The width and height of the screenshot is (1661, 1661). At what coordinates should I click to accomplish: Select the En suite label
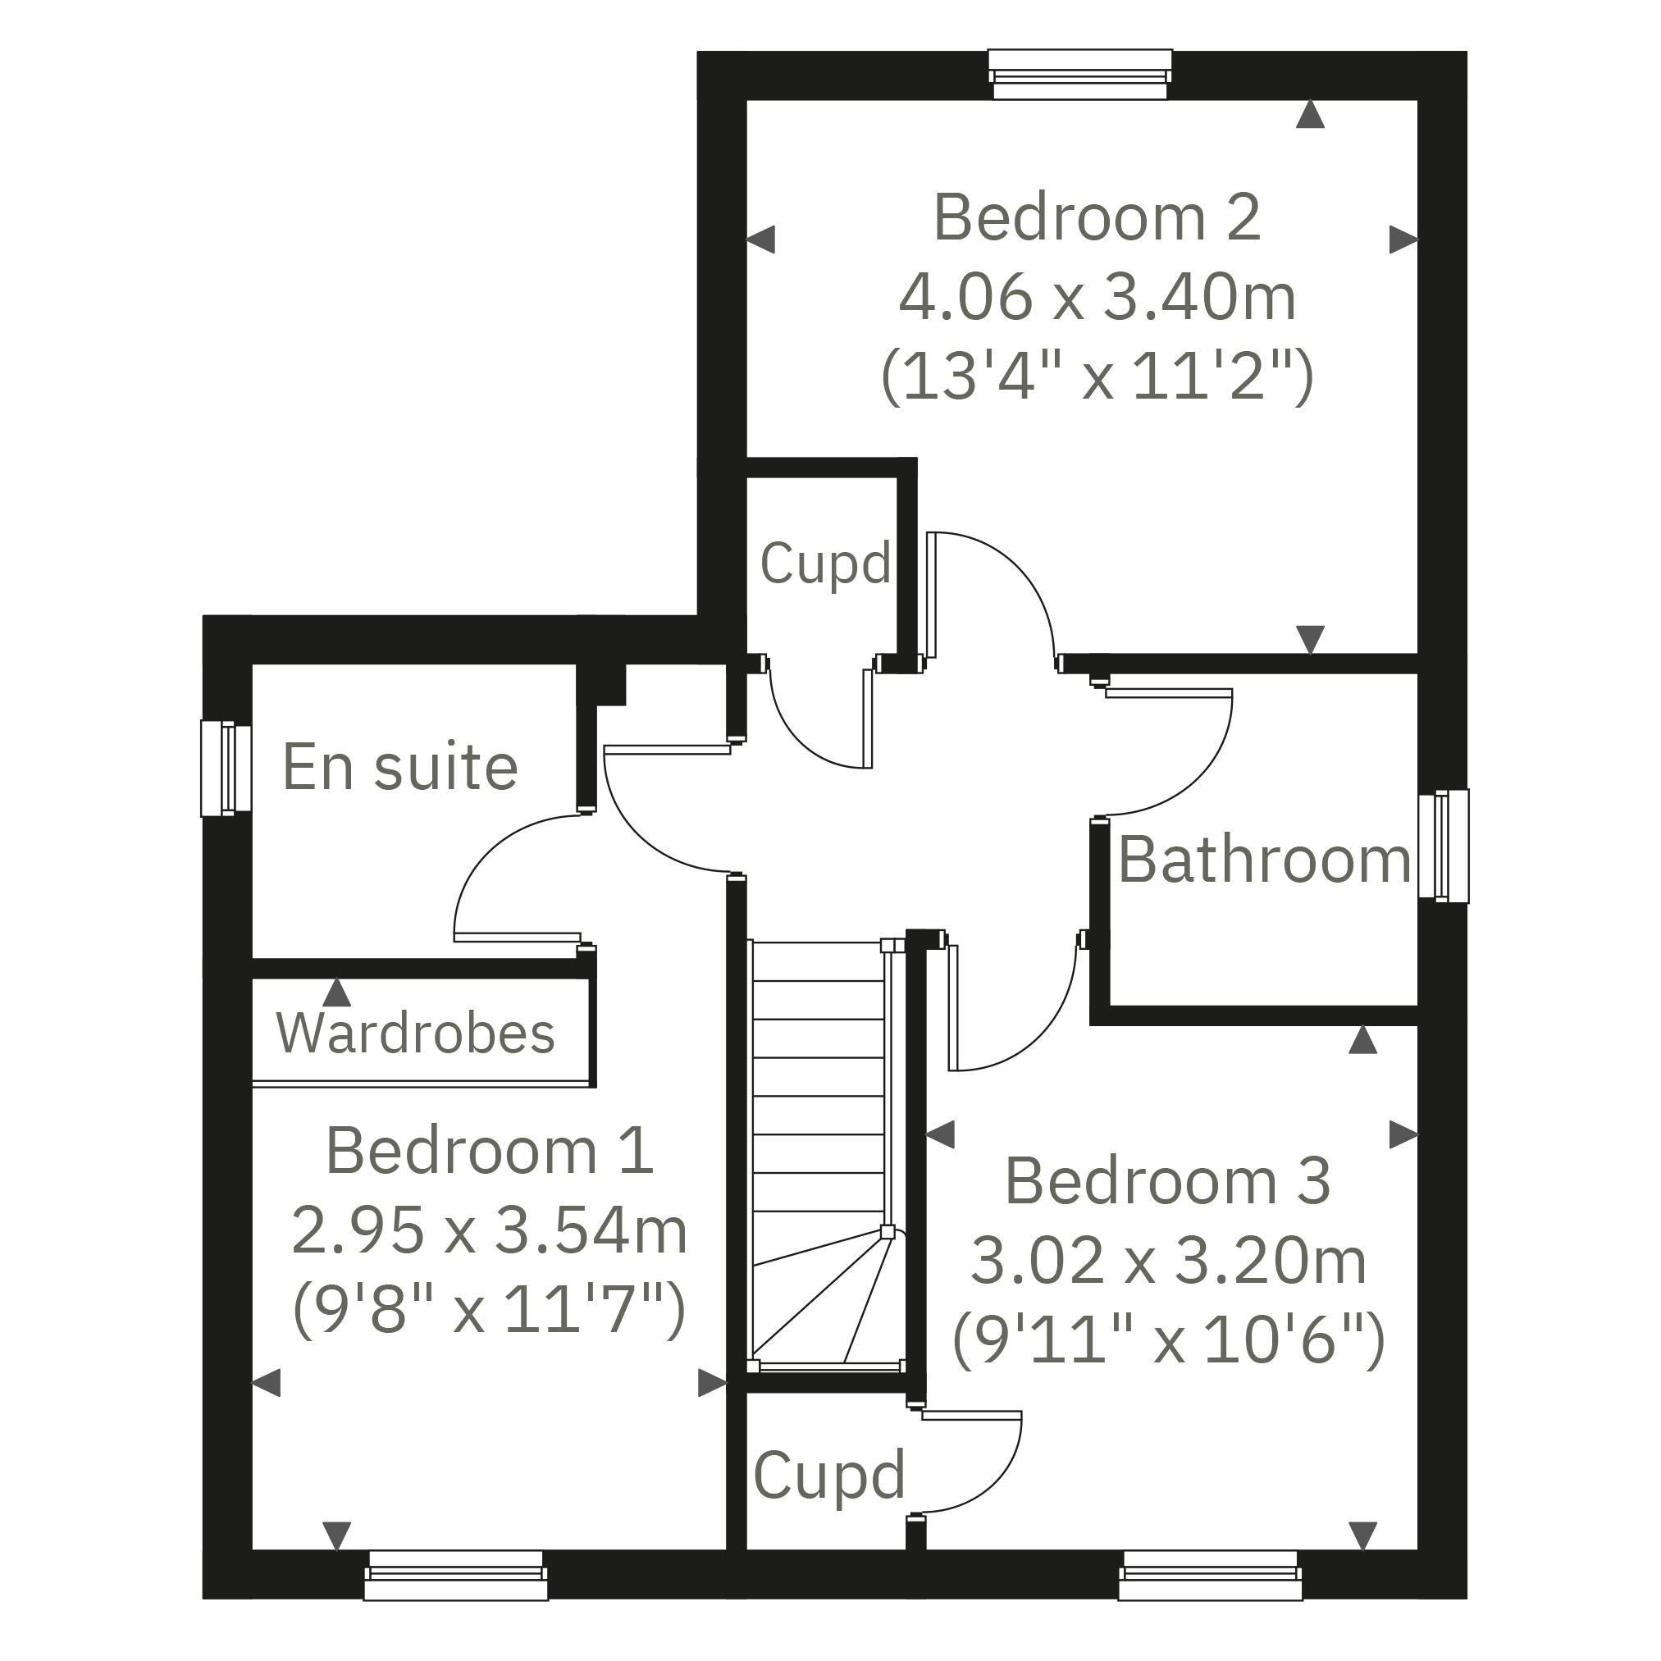pos(399,767)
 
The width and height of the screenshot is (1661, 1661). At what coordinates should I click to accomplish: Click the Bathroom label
pos(1264,860)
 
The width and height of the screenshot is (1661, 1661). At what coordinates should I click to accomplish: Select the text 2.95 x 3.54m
pos(489,1230)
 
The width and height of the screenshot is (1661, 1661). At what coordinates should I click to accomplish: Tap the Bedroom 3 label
pos(1167,1181)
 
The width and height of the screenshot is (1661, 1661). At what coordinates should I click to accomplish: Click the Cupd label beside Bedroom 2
pos(824,564)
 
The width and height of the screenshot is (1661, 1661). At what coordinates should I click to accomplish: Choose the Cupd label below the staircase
pos(828,1476)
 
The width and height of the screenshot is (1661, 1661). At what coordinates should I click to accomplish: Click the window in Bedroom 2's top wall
pos(1079,75)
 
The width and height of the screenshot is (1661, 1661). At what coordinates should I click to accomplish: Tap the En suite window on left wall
pos(226,768)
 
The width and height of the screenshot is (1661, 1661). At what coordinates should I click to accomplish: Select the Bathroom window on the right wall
pos(1444,846)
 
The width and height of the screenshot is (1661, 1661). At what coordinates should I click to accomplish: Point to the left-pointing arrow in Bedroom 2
pos(761,239)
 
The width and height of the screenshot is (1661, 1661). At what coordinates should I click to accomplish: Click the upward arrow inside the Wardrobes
pos(337,993)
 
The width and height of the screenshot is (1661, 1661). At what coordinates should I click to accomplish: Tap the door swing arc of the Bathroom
pos(1208,778)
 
